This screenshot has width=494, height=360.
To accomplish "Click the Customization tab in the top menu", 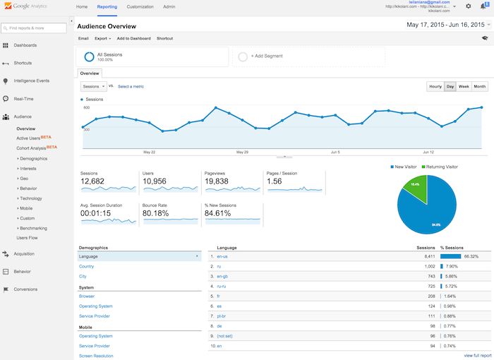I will (x=140, y=6).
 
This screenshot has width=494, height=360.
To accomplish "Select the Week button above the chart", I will (x=464, y=86).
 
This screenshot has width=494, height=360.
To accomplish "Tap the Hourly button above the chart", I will (x=435, y=86).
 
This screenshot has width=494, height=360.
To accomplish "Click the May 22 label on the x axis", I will (x=149, y=152).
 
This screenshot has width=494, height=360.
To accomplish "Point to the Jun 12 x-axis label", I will (x=428, y=152).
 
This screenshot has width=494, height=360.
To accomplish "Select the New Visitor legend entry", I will (x=406, y=167).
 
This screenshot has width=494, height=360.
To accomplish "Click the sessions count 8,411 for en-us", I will (x=429, y=256).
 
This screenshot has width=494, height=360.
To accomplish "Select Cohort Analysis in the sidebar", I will (x=32, y=148).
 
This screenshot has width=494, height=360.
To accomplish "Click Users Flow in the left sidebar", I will (x=28, y=238).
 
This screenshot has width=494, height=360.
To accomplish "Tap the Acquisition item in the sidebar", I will (x=24, y=253).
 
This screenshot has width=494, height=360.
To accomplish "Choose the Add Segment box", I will (x=308, y=56).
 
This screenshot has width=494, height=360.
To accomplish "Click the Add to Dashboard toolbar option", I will (x=133, y=38).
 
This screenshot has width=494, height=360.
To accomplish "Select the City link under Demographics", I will (x=83, y=276).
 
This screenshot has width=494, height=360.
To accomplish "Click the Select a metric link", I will (x=131, y=86).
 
